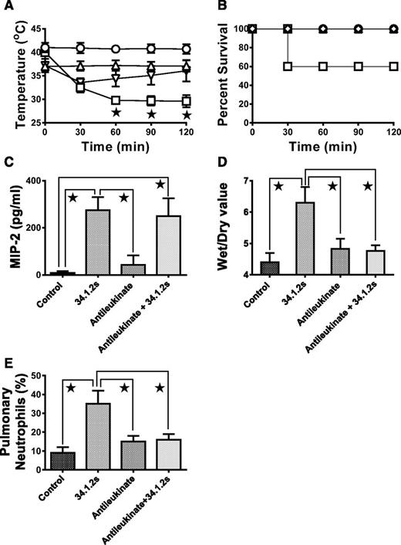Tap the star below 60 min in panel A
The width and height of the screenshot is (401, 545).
pos(116,113)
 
